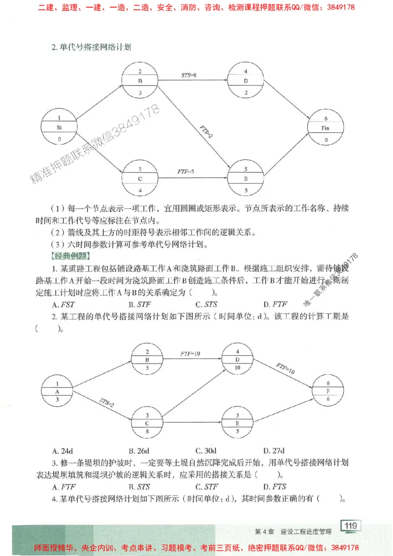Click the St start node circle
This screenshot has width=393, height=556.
59,127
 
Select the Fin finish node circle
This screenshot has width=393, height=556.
325,128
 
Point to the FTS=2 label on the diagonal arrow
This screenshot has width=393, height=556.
206,131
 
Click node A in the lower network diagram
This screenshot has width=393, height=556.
57,391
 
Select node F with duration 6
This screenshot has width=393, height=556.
328,391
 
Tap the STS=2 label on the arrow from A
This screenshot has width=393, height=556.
106,402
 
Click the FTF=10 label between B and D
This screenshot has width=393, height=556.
190,354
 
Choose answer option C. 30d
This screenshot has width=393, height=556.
206,450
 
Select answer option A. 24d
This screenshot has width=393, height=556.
62,450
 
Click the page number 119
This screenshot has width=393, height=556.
350,526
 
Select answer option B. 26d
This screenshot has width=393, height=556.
139,450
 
